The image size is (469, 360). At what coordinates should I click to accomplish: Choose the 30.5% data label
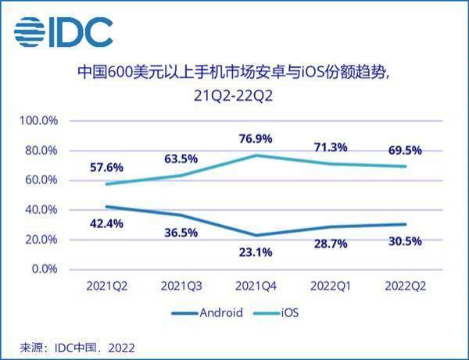click(x=403, y=241)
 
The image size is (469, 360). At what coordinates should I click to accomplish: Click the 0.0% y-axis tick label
click(x=45, y=269)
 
